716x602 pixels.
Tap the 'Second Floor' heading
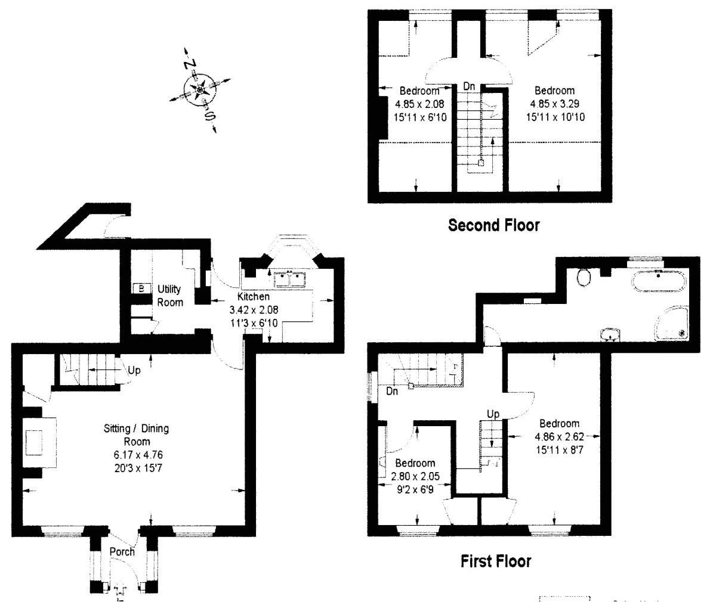click(x=494, y=225)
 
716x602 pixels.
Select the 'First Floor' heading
click(x=495, y=561)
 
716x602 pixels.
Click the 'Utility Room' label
click(x=170, y=295)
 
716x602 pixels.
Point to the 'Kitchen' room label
click(x=254, y=296)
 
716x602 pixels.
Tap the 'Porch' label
click(x=122, y=552)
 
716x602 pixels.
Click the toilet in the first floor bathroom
click(x=584, y=277)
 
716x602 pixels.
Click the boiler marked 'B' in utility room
click(x=141, y=288)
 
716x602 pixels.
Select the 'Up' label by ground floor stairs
click(x=134, y=371)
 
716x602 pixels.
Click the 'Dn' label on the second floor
click(x=470, y=86)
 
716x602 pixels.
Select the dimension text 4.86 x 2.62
click(x=559, y=437)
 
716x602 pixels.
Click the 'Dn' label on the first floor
click(x=392, y=392)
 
